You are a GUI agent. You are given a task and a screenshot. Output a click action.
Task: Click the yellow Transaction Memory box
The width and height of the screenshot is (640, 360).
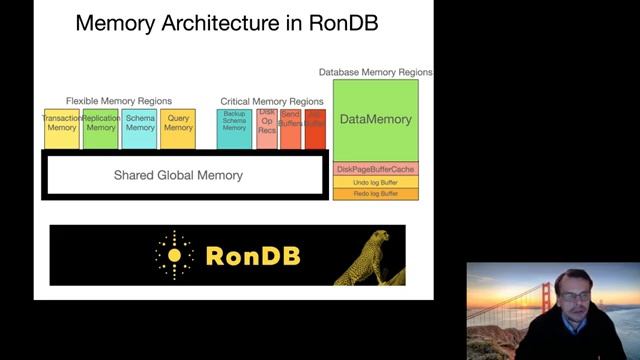61,128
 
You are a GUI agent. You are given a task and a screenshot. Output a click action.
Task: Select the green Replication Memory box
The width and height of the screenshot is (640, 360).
101,128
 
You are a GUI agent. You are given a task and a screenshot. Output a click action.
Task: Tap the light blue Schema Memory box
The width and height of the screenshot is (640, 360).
140,128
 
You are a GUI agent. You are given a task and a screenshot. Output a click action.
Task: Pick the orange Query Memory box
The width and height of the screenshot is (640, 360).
178,128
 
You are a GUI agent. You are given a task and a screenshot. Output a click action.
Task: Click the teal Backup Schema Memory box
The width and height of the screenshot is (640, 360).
234,130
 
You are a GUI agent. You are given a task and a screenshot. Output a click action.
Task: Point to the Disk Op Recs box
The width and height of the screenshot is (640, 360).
266,130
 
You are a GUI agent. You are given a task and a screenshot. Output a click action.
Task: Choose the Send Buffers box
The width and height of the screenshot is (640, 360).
290,130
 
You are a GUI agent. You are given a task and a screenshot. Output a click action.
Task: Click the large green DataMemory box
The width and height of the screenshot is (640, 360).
375,119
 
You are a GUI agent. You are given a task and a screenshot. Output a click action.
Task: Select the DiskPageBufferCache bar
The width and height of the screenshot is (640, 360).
375,170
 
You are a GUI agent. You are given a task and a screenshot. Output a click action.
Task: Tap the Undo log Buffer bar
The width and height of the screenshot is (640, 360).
375,182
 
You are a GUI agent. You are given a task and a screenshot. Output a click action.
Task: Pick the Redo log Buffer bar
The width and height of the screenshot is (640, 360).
375,193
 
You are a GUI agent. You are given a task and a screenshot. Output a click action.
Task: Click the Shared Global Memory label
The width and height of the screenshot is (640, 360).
178,175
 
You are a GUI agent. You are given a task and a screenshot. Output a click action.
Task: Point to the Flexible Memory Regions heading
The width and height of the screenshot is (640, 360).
119,101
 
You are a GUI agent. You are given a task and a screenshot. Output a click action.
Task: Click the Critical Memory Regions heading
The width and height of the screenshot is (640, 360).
271,101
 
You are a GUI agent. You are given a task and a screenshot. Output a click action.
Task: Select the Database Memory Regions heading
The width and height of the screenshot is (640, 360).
376,72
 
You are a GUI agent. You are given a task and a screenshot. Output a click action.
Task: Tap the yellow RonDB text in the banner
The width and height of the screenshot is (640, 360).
252,256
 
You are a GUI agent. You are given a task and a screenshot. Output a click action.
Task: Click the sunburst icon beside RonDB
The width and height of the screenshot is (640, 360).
175,255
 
